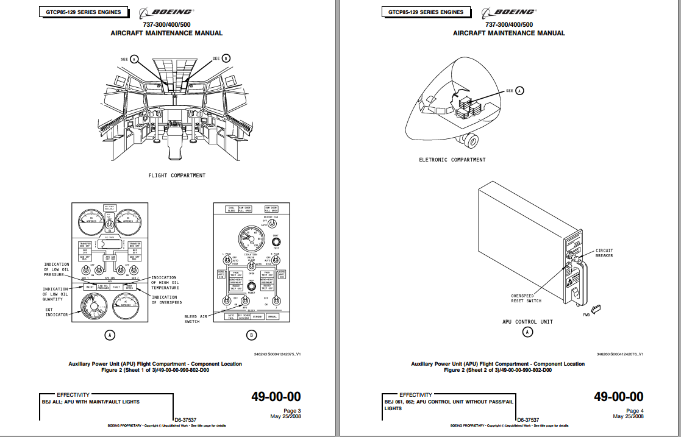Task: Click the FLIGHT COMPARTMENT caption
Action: [177, 176]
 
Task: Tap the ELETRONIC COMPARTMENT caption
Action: [452, 160]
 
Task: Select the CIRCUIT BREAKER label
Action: [604, 253]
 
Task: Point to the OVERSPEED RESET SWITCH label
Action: [526, 299]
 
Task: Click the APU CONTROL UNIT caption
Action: [527, 321]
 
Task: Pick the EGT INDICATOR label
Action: [56, 312]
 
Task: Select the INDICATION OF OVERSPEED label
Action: [166, 300]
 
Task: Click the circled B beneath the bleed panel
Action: [251, 335]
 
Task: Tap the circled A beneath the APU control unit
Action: [528, 332]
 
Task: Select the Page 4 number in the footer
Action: [634, 411]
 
